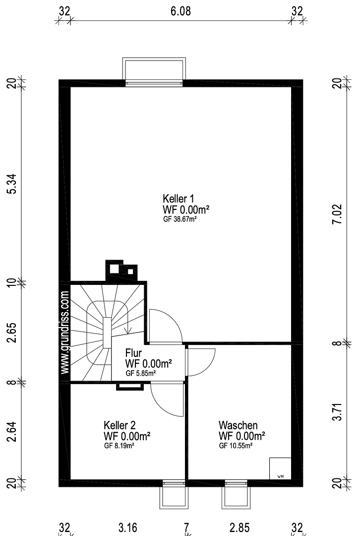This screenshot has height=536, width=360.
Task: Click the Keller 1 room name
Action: point(179,199)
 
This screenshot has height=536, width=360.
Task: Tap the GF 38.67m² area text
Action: point(180,219)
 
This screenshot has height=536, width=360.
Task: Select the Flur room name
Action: point(133,353)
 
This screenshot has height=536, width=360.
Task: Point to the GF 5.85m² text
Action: point(141,373)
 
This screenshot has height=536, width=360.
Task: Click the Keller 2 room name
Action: point(120,425)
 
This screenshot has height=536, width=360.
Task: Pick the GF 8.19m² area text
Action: point(119,446)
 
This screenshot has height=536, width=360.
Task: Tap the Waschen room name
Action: point(238,425)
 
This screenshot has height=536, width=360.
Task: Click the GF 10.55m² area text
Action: point(236,446)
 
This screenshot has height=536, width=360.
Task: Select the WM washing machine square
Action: point(280,469)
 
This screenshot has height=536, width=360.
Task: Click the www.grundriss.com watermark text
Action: point(65,332)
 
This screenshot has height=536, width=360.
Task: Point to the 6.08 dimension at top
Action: point(180,11)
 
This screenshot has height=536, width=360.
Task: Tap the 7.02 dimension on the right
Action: point(338,214)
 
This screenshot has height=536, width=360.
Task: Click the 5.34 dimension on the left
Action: point(12,184)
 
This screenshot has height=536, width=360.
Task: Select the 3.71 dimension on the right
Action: point(338,412)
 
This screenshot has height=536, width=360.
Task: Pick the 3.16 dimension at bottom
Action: point(128,528)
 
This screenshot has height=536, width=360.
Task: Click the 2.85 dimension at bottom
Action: point(240,528)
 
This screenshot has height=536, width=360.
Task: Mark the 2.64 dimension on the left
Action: point(12,431)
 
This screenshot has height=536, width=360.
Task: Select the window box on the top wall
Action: point(154,70)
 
